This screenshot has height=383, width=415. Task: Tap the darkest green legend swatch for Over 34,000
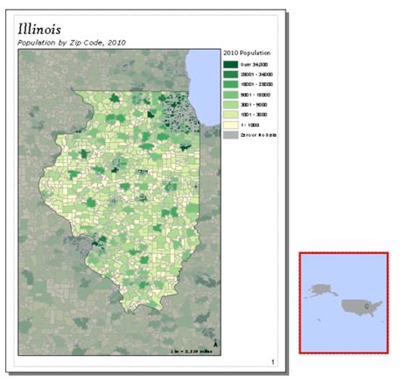(x=231, y=64)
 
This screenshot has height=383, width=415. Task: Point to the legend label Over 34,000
(x=256, y=64)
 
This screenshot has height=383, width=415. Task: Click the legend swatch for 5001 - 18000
(x=231, y=95)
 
